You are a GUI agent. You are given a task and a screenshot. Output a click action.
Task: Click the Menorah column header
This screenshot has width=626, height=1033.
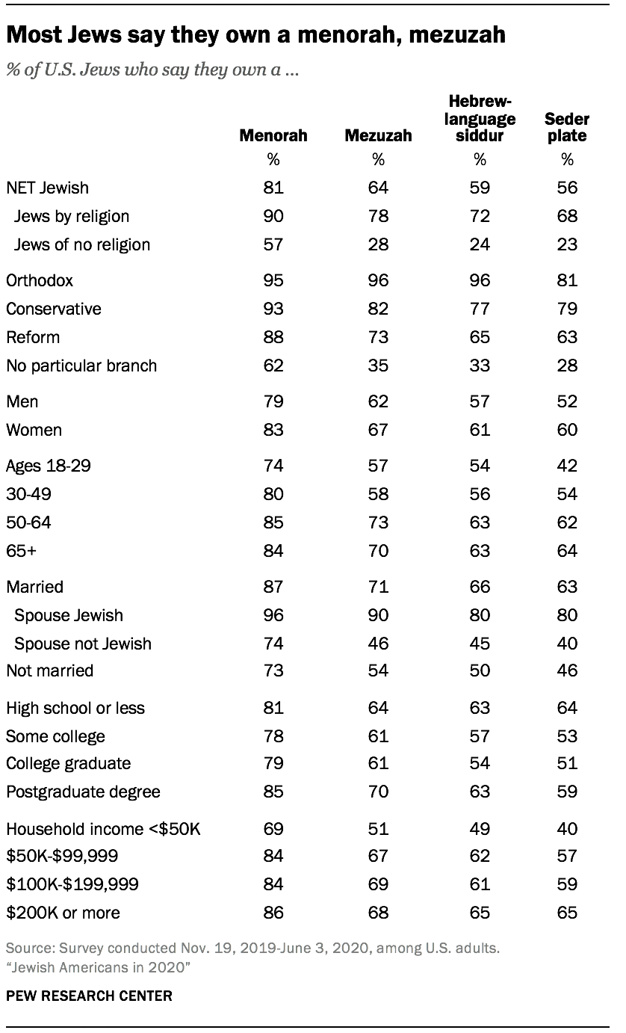273,136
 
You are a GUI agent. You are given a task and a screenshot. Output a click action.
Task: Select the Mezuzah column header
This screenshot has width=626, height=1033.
378,136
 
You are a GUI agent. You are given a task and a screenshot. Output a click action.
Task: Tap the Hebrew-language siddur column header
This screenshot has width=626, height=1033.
480,119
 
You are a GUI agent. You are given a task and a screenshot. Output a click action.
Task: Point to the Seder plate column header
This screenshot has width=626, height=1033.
568,127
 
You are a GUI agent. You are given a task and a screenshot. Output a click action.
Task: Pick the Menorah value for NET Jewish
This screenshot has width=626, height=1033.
273,188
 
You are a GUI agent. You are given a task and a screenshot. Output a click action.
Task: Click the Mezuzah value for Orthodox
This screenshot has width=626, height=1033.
378,280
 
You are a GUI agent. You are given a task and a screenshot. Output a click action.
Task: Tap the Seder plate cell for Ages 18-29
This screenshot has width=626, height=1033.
568,466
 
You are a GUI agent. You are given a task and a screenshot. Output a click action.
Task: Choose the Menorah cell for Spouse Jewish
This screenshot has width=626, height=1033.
273,615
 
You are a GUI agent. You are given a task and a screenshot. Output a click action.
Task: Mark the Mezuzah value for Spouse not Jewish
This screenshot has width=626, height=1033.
378,644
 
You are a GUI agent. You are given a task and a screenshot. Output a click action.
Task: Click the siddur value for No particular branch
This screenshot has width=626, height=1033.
480,366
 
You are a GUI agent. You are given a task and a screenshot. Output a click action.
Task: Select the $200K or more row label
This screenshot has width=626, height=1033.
63,913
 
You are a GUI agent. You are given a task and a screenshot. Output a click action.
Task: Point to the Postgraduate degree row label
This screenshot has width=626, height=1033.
83,792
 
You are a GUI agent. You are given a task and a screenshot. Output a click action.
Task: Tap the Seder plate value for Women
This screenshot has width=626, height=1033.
568,430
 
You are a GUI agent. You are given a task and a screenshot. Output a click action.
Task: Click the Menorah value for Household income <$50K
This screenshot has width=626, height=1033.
273,828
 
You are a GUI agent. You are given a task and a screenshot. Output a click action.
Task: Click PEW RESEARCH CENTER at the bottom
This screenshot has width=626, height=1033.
89,996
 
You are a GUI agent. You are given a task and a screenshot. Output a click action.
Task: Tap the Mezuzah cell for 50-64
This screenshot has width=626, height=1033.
378,522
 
